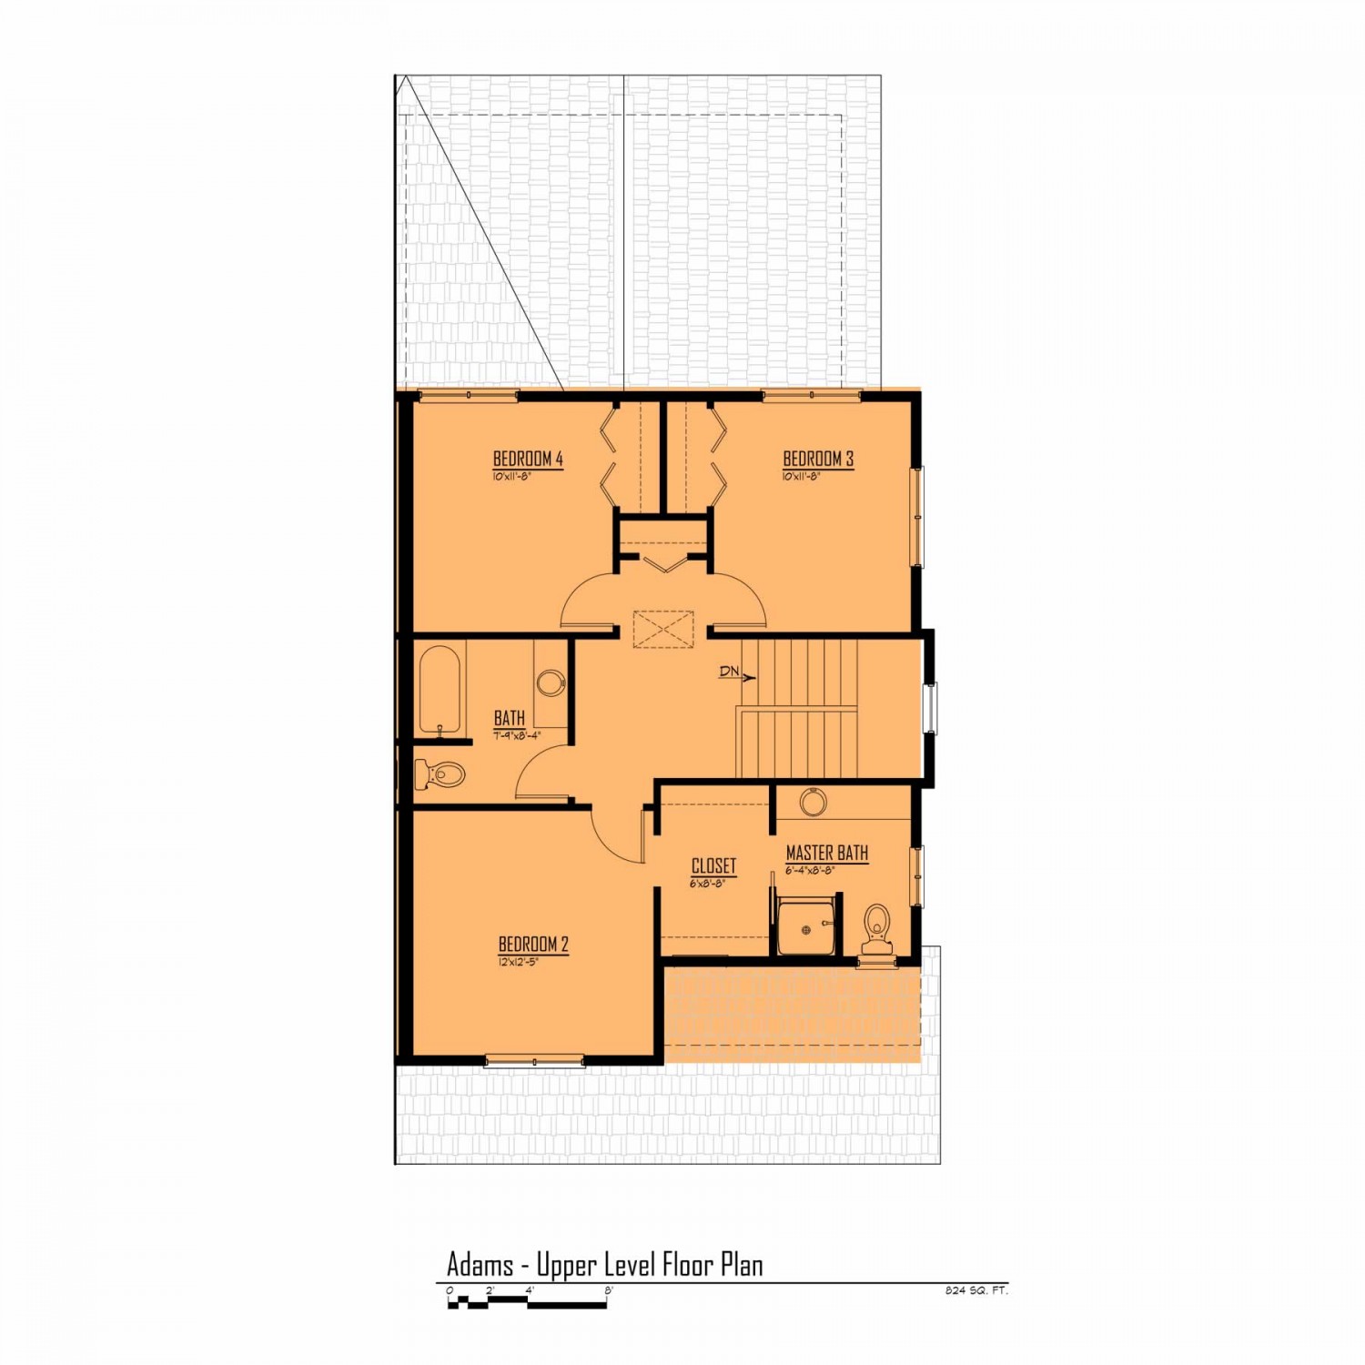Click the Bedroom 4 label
(528, 459)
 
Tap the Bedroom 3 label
(818, 459)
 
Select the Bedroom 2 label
(533, 944)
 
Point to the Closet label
(713, 865)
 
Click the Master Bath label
(826, 853)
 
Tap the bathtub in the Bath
(440, 690)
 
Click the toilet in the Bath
(440, 775)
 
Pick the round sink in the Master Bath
(813, 803)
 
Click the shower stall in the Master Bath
(805, 926)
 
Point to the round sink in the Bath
(551, 682)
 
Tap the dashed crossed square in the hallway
(663, 629)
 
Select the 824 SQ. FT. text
(976, 1289)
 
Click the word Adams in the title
(479, 1264)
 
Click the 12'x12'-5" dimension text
(519, 961)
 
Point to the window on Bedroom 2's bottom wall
(534, 1060)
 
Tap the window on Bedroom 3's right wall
(918, 517)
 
